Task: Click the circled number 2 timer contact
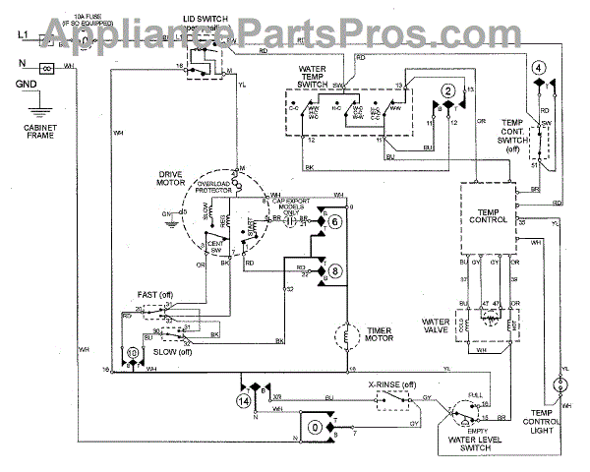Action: coord(447,91)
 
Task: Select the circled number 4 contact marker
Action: coord(539,68)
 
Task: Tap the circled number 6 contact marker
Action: coord(334,223)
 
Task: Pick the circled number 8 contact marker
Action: coord(334,269)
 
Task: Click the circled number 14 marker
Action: coord(243,401)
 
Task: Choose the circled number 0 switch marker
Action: coord(314,427)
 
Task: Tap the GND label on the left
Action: coord(27,86)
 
